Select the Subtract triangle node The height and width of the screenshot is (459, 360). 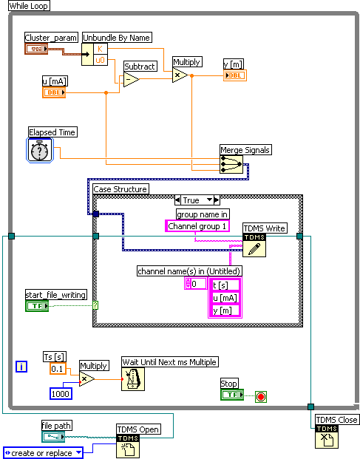(x=130, y=80)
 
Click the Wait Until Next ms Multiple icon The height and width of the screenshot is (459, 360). (x=133, y=378)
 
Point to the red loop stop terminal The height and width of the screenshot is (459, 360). (x=260, y=396)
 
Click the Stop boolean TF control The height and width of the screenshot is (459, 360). (x=232, y=395)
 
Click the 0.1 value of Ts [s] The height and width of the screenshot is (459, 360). (x=58, y=368)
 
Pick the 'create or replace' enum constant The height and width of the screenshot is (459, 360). (x=43, y=452)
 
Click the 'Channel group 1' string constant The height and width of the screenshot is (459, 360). (x=198, y=225)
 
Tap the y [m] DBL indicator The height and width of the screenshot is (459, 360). (x=234, y=75)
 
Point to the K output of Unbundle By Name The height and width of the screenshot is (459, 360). (x=101, y=49)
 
